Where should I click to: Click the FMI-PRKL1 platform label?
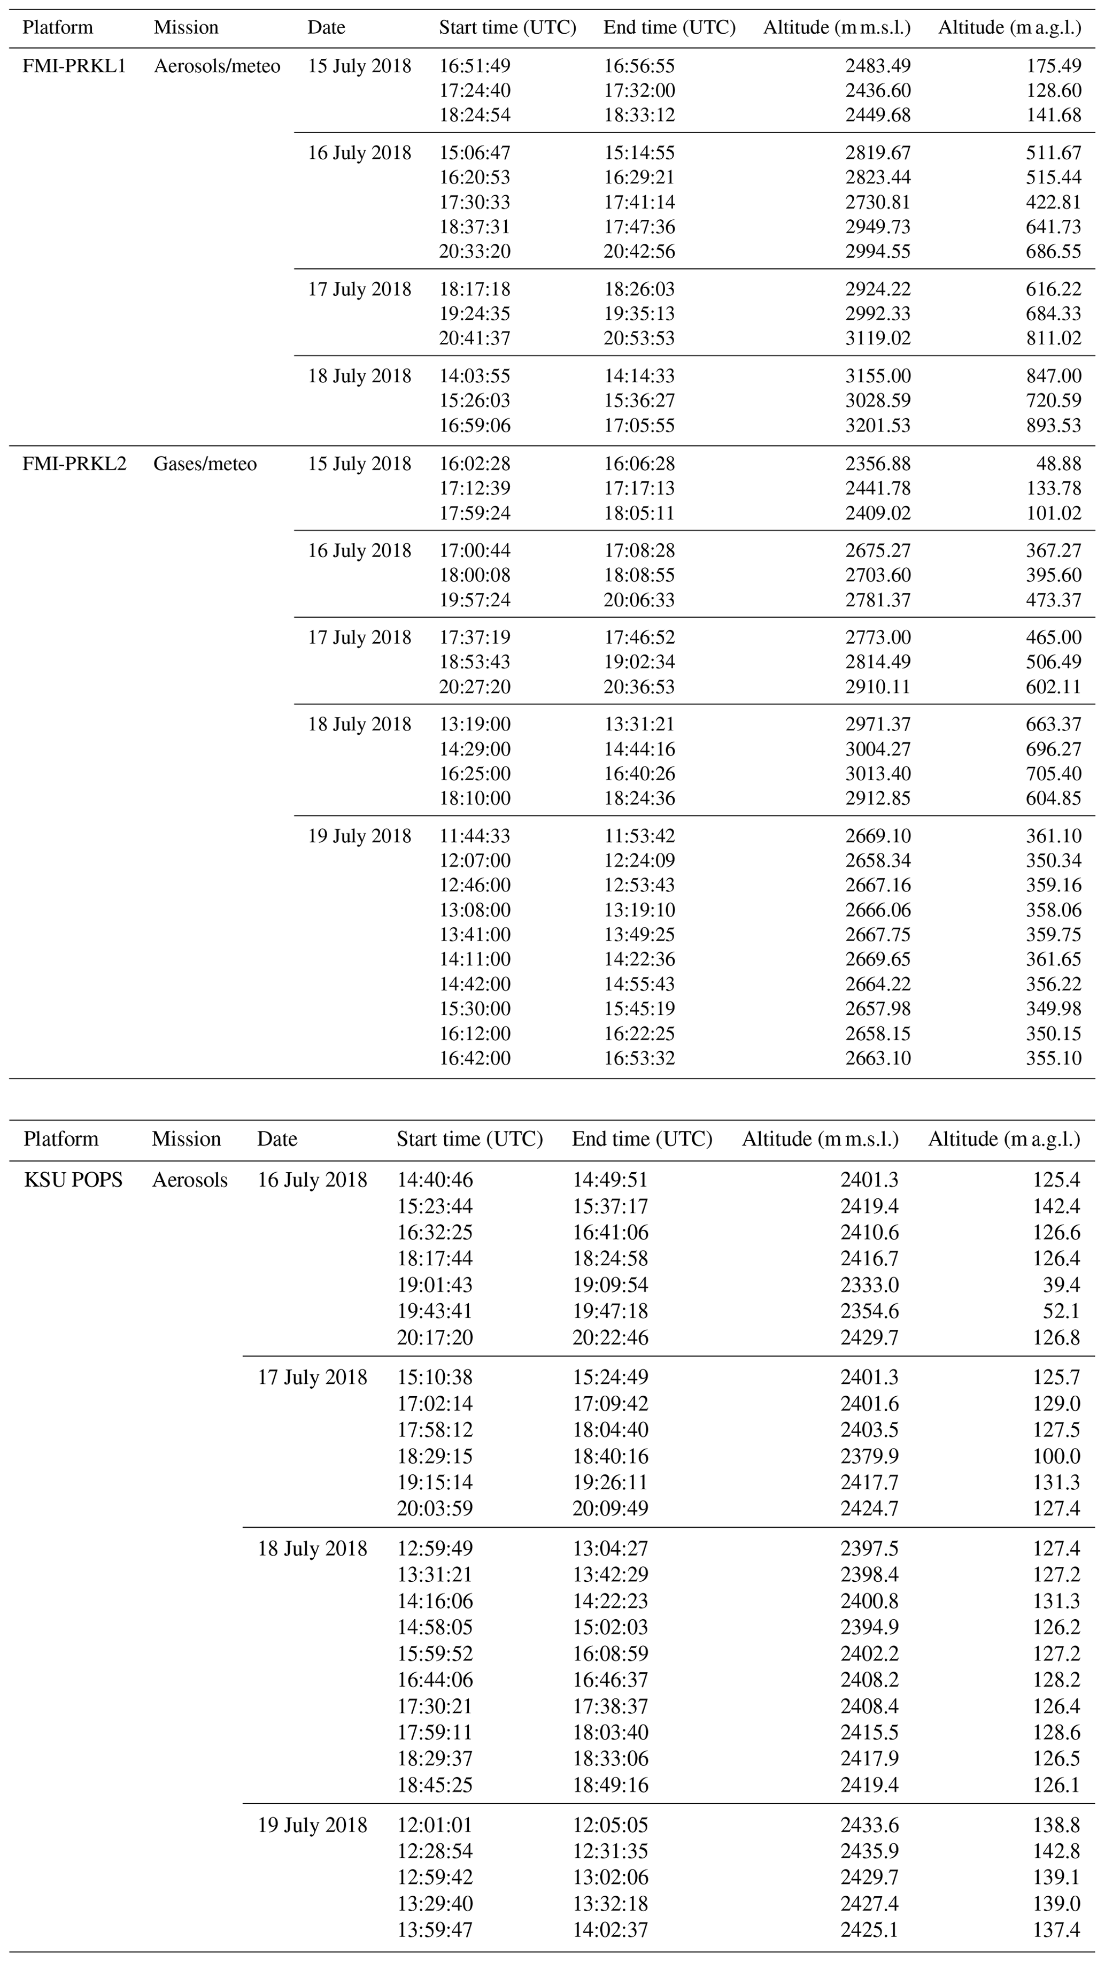[74, 66]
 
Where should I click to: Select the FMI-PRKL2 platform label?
[74, 464]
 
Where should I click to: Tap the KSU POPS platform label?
[73, 1180]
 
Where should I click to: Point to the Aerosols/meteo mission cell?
[217, 66]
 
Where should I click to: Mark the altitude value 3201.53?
[877, 425]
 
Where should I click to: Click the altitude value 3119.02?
[877, 338]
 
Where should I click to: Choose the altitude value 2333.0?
[870, 1285]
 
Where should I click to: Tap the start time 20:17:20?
[434, 1337]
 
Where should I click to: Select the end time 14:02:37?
[610, 1929]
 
